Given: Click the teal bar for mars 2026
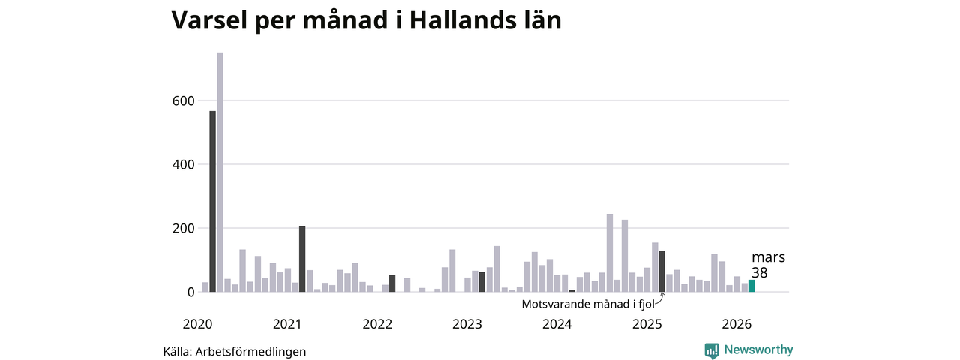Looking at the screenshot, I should click(x=751, y=286).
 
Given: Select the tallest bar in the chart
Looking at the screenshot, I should click(x=220, y=172).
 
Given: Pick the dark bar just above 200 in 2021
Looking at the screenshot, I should click(x=302, y=259).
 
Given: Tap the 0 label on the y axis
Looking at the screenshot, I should click(x=190, y=292).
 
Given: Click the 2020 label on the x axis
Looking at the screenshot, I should click(x=197, y=324).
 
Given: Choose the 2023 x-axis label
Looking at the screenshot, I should click(x=467, y=324).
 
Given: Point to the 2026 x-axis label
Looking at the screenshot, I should click(x=736, y=324).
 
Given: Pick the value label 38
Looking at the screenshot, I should click(x=759, y=273).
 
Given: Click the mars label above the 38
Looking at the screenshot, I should click(x=768, y=257).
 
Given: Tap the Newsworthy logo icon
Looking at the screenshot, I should click(x=712, y=350).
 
